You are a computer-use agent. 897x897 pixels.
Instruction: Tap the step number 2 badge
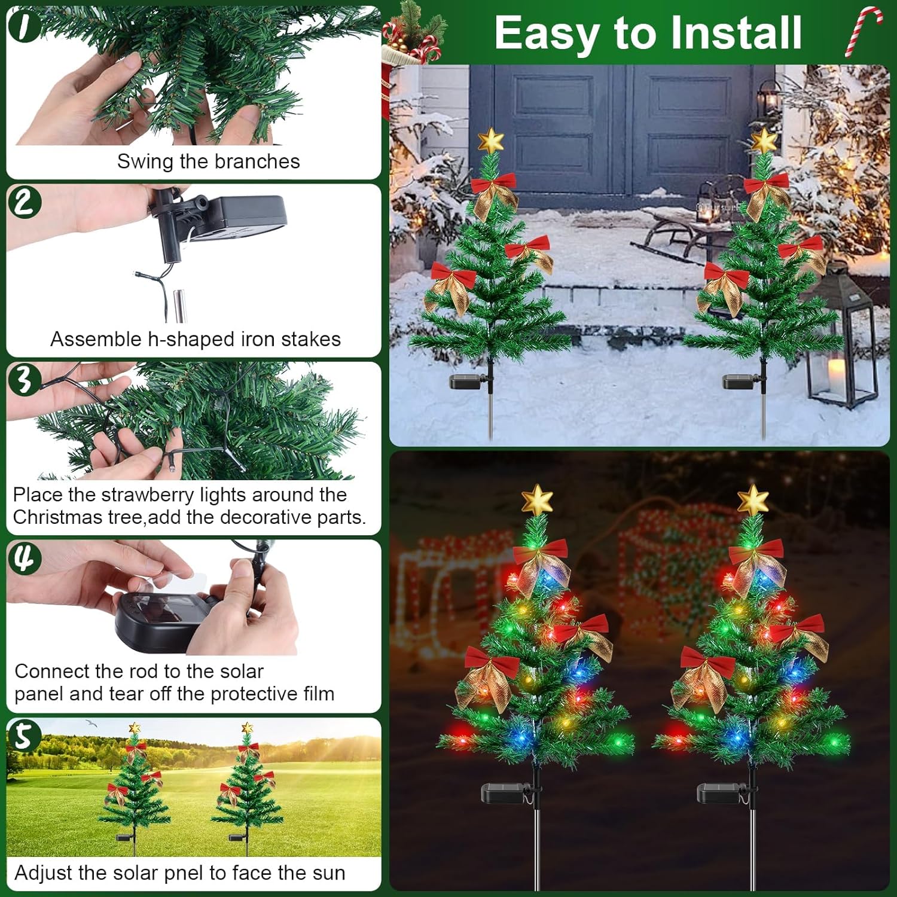tap(25, 202)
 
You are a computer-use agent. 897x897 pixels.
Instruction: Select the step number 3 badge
tap(25, 379)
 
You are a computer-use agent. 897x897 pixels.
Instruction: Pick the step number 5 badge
tap(24, 736)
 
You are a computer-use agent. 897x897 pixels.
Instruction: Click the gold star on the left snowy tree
tap(491, 141)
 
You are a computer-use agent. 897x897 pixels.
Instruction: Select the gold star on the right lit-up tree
tap(753, 500)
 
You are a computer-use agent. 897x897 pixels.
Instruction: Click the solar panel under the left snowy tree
tap(468, 382)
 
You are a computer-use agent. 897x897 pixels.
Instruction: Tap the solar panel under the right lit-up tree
tap(720, 794)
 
